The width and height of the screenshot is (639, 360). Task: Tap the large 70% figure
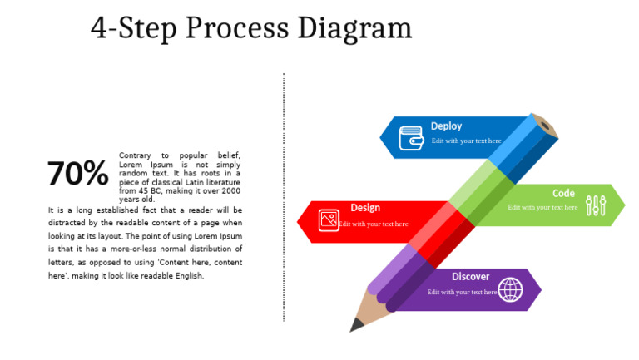tap(77, 174)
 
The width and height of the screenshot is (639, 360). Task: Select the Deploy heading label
tap(446, 126)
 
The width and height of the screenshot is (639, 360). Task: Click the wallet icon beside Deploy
tap(411, 138)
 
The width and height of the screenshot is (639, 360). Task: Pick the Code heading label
tap(563, 194)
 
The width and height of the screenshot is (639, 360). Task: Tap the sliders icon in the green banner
tap(596, 205)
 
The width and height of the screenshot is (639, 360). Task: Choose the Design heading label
tap(365, 208)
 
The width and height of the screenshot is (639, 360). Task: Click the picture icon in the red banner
tap(329, 219)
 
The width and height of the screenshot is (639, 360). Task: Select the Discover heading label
tap(471, 277)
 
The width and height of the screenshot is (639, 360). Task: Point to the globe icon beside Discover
tap(510, 289)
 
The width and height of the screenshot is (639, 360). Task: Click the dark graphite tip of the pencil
tap(356, 325)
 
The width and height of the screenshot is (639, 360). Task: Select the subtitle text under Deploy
tap(467, 141)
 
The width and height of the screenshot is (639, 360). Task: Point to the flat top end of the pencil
tap(544, 126)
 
